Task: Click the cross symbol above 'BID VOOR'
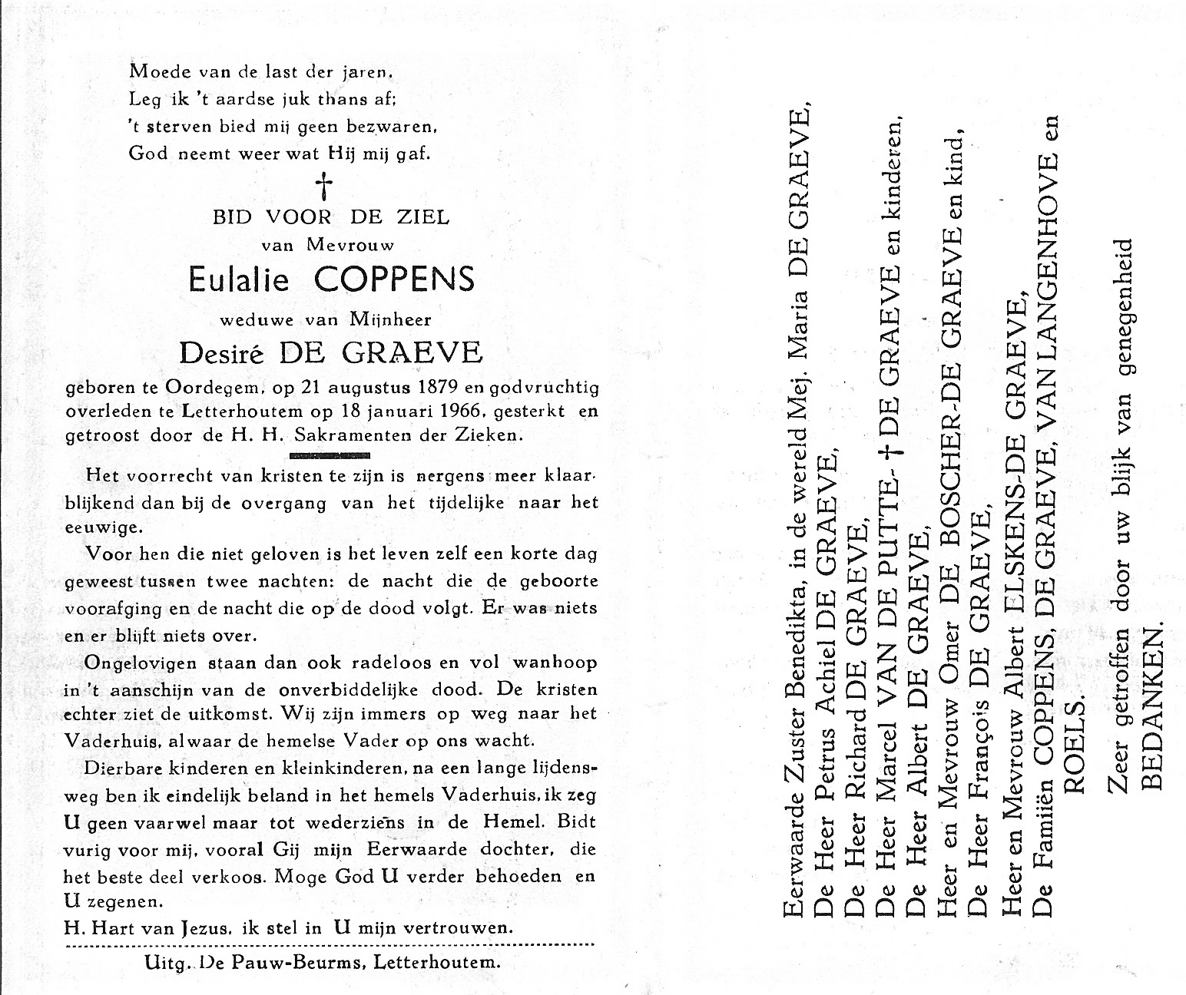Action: point(326,185)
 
